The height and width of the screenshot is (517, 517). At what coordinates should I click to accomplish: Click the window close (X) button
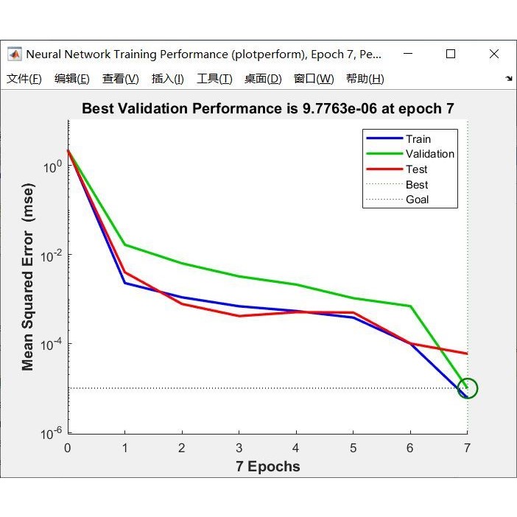point(494,54)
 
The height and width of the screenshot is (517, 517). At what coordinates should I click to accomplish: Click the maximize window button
point(451,54)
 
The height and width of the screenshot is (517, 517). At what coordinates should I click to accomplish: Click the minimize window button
point(407,54)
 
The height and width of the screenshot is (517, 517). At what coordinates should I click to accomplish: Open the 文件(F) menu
point(24,79)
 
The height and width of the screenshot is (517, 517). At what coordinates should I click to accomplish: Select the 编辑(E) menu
point(72,79)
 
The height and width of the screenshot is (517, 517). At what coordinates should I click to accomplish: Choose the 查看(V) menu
point(121,79)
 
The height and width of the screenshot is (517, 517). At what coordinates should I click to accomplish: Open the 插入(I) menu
point(168,79)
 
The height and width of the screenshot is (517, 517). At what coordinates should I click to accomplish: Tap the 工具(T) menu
point(214,79)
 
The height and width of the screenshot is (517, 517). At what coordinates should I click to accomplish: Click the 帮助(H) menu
point(365,79)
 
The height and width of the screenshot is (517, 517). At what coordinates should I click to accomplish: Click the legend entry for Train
point(418,138)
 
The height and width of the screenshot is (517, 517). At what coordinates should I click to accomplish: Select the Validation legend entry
point(429,154)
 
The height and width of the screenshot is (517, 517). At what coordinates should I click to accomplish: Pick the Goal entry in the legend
point(417,200)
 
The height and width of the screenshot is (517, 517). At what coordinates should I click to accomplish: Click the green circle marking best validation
point(468,388)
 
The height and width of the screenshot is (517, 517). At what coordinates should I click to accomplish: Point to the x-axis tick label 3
point(239,449)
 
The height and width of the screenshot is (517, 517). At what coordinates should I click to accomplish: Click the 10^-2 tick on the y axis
point(49,256)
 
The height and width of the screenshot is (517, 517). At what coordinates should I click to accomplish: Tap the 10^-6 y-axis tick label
point(49,434)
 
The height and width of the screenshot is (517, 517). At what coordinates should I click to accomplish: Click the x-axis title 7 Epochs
point(268,466)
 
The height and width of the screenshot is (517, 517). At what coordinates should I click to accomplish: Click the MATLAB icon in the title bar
point(15,54)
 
